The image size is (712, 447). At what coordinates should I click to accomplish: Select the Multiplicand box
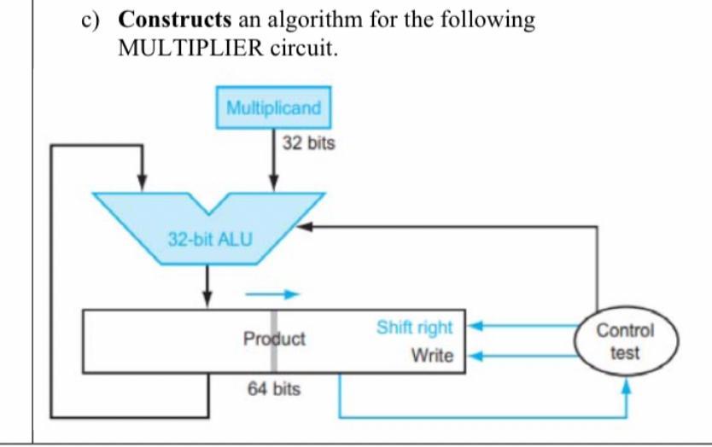[273, 108]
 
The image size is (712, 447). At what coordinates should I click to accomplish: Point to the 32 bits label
[308, 144]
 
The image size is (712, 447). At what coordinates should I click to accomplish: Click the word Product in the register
[274, 339]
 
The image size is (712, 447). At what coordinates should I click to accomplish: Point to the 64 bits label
[273, 390]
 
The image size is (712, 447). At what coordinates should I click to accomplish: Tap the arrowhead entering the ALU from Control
[303, 227]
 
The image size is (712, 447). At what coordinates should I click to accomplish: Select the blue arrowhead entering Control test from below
[627, 386]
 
